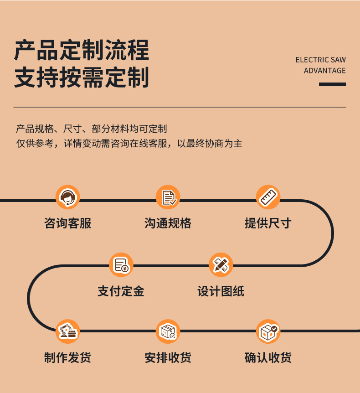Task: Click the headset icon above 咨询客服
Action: (67, 197)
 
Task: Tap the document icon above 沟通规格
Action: (168, 197)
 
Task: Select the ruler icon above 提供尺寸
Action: (268, 197)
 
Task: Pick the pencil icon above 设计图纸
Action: (221, 265)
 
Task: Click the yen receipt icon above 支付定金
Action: (121, 265)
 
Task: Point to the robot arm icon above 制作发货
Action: (67, 331)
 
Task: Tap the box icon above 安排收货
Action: (168, 331)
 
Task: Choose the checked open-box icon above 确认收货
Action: (268, 331)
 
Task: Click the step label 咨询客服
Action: (67, 223)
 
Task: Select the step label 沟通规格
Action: (168, 223)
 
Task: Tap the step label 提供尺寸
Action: (268, 223)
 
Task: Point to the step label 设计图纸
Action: (221, 291)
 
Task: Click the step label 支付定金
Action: (121, 291)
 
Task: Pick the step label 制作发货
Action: (67, 357)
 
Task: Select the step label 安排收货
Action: (168, 357)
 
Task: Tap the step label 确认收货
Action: (268, 357)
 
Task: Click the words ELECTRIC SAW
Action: (320, 60)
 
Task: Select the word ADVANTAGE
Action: (324, 71)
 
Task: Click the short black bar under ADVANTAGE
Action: (332, 84)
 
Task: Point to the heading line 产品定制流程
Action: (82, 51)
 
